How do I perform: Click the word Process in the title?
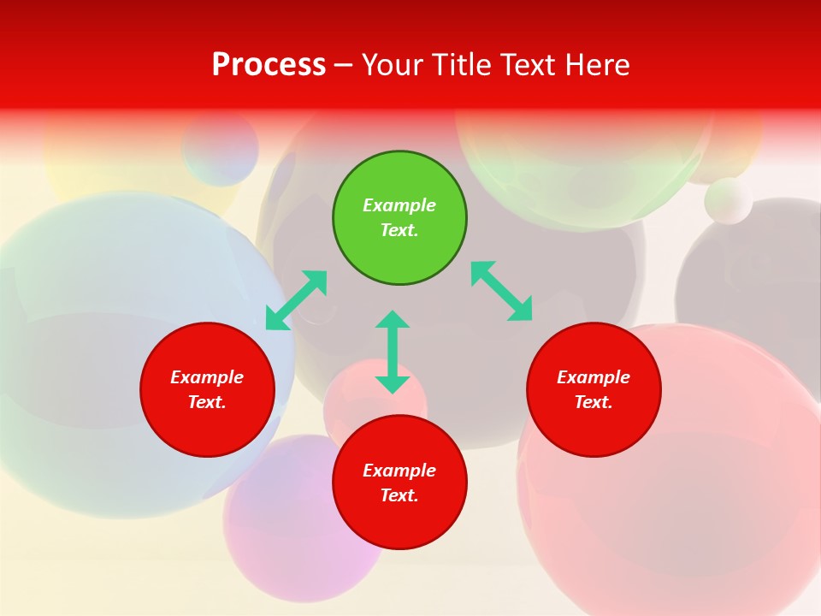click(269, 65)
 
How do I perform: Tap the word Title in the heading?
click(464, 65)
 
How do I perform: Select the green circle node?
click(399, 218)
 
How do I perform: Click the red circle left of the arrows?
click(207, 390)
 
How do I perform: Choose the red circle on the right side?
click(594, 390)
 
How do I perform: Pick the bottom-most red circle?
click(399, 483)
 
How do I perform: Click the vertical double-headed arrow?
click(393, 352)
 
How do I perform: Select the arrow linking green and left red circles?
click(296, 300)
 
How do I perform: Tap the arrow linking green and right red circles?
click(502, 292)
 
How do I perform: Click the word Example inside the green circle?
click(399, 205)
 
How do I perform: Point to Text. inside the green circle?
click(399, 230)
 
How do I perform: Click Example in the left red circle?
click(207, 377)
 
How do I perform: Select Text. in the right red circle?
click(594, 402)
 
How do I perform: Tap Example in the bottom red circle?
click(399, 471)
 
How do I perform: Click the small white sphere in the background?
click(728, 201)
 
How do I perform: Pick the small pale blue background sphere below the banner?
click(220, 148)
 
